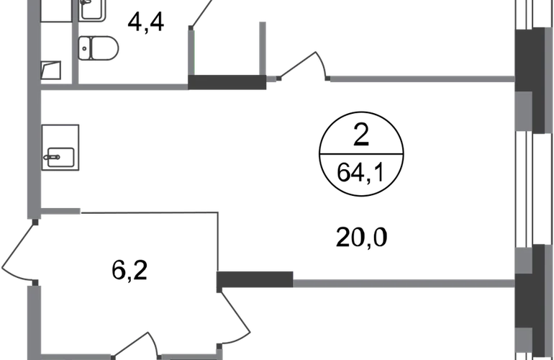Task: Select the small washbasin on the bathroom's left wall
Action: coord(51,71)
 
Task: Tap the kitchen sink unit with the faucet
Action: coord(63,148)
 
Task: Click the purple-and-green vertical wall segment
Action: coord(191,50)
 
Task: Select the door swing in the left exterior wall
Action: coord(16,252)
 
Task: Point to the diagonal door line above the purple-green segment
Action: coord(201,14)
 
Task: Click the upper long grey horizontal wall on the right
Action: coord(421,81)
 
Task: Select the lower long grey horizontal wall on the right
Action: coord(403,285)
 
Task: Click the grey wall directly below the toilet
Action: coord(130,87)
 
